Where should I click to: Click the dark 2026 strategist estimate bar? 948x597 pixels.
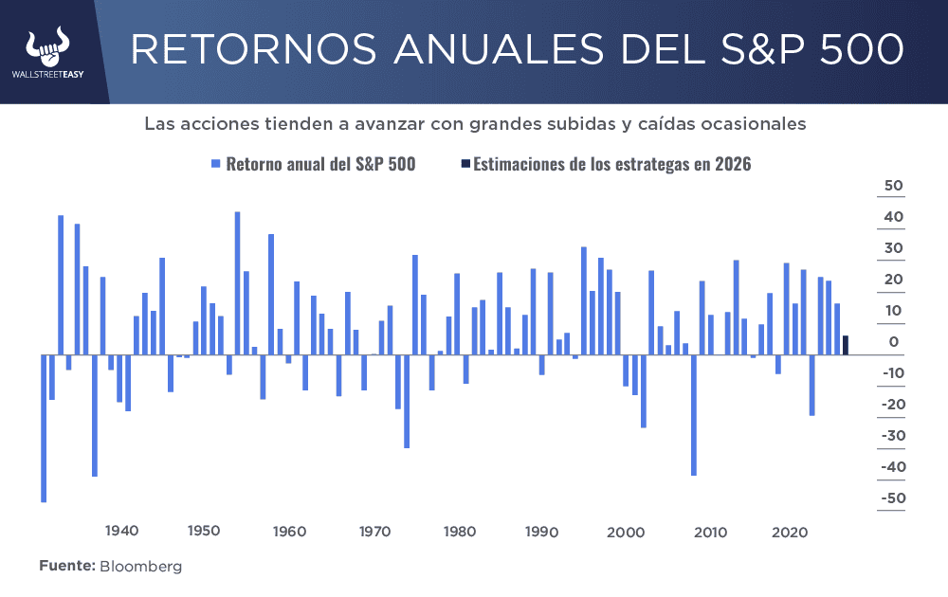(846, 345)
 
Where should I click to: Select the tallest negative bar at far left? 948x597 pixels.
(44, 427)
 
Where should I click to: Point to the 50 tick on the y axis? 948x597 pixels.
(893, 186)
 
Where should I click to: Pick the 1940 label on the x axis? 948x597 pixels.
(122, 531)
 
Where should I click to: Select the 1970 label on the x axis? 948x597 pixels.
(375, 531)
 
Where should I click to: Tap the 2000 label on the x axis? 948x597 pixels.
(626, 531)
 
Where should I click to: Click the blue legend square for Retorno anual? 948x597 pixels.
(216, 164)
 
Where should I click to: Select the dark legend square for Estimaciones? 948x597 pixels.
(464, 164)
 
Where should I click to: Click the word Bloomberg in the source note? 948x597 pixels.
(140, 566)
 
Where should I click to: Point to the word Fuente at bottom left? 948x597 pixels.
(66, 566)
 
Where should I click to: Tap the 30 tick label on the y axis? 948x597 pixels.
(893, 248)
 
